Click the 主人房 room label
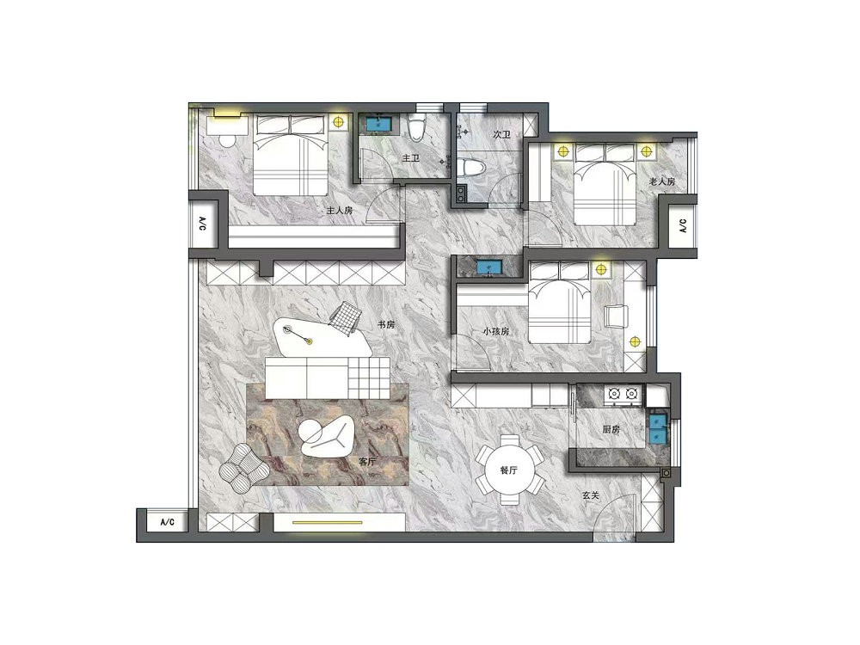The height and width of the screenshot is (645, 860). (x=339, y=211)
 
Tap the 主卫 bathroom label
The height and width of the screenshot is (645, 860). (x=411, y=158)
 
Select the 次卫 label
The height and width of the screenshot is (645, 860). (x=501, y=134)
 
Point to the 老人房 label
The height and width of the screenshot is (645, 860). (x=662, y=181)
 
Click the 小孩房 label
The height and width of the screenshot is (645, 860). (x=496, y=331)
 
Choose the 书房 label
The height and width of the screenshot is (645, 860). (x=386, y=325)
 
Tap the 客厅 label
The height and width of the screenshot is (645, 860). (x=367, y=462)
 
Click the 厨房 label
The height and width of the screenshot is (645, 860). (x=611, y=429)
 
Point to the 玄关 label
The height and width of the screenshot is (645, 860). (x=591, y=495)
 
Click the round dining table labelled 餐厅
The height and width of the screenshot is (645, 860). (x=509, y=470)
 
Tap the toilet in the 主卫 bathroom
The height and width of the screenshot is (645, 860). (x=418, y=127)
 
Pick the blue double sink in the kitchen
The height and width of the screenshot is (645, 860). (x=657, y=428)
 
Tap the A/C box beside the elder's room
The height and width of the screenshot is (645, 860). (x=683, y=226)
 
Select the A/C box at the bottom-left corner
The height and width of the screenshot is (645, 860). (x=168, y=522)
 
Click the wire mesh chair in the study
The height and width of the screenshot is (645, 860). (x=346, y=316)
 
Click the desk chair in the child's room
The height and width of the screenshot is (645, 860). (x=617, y=317)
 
